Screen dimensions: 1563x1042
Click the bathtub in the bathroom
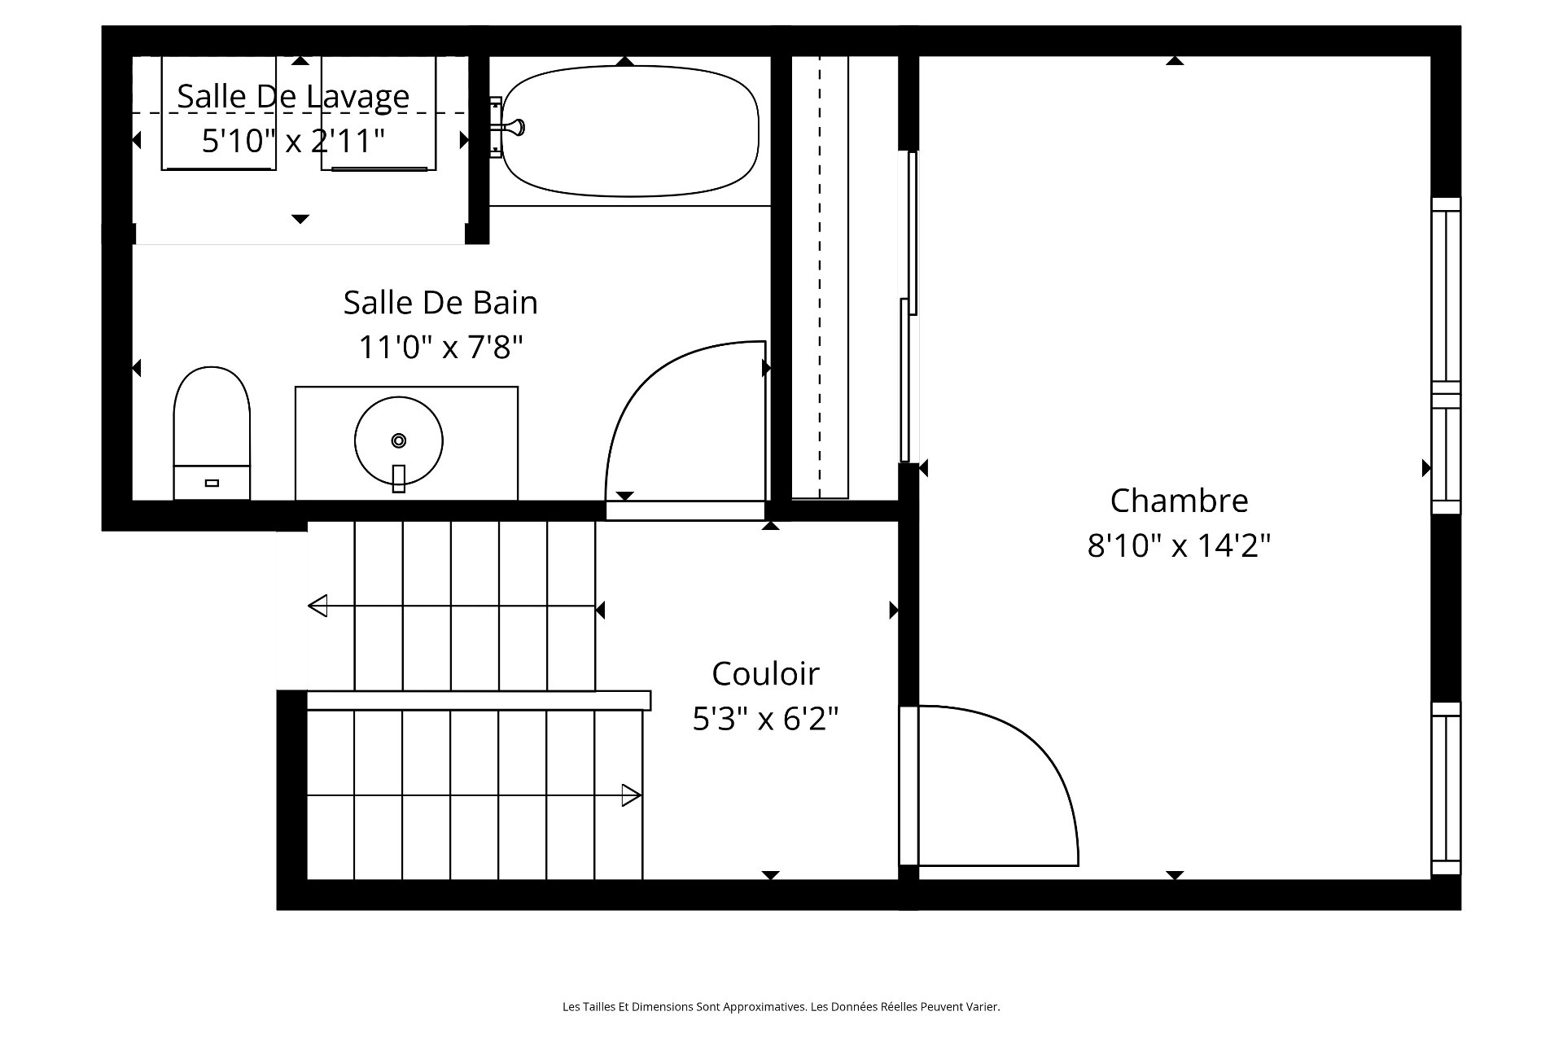(x=630, y=131)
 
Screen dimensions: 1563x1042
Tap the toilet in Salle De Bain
(x=212, y=433)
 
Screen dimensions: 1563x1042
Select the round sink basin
(x=399, y=441)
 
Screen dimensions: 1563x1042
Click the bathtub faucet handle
(x=514, y=127)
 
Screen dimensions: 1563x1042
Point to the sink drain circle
(x=399, y=440)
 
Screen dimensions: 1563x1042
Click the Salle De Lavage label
(x=293, y=96)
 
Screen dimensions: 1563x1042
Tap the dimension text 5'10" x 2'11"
(x=293, y=141)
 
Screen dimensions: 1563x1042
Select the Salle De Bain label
(x=440, y=303)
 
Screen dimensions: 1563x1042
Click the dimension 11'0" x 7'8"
(x=440, y=348)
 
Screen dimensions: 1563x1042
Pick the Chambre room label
(x=1179, y=501)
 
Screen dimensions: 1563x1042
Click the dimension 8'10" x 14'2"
(x=1179, y=545)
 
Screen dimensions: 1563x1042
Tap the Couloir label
(x=765, y=674)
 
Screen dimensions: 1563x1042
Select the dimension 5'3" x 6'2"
(x=765, y=719)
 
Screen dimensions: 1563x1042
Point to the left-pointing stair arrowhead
(x=317, y=606)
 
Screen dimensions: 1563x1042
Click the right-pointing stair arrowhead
(x=632, y=795)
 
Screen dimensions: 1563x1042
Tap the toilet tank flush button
(x=212, y=483)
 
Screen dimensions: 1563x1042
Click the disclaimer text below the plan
(x=781, y=1007)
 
